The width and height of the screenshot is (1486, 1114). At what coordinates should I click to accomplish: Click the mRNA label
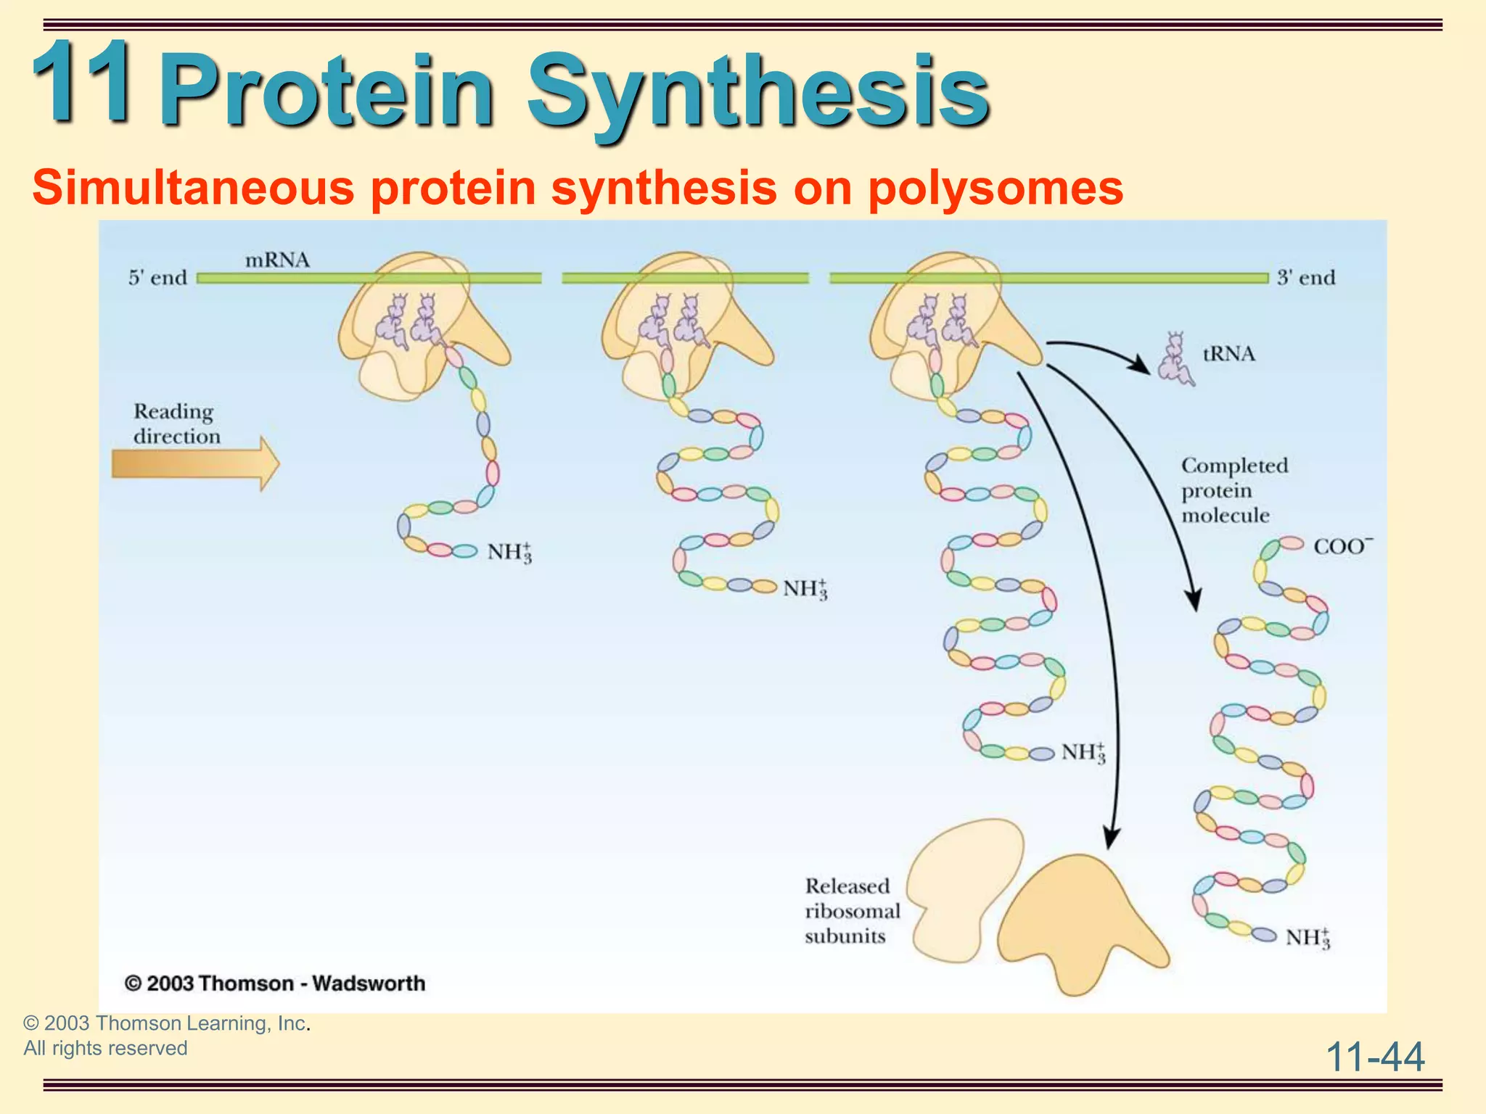(277, 260)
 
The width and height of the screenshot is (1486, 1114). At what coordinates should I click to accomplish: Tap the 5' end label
(157, 278)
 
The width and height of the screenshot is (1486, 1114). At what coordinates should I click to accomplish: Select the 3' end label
(1306, 278)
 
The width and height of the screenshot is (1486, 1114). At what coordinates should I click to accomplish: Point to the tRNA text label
(1228, 354)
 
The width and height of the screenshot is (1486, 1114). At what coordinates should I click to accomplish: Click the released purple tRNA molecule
(1175, 360)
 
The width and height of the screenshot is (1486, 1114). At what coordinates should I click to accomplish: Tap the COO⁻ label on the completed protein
(1343, 546)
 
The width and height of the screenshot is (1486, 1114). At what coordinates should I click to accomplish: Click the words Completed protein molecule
(1233, 490)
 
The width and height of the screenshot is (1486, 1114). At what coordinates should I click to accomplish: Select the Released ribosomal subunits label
(852, 911)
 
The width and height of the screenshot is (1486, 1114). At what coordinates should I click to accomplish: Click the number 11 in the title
(81, 81)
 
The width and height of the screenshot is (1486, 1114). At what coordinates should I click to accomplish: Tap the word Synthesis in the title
(758, 94)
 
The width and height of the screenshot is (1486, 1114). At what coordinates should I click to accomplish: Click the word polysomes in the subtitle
(995, 188)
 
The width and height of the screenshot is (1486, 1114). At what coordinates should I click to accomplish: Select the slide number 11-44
(1375, 1057)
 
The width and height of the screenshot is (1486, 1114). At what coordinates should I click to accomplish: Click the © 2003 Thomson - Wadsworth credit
(275, 983)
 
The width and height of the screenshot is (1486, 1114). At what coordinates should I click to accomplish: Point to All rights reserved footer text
(106, 1048)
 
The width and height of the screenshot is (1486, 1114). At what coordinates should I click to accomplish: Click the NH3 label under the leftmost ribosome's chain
(509, 553)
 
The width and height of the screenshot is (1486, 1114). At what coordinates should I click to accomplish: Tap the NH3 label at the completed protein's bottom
(1308, 938)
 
